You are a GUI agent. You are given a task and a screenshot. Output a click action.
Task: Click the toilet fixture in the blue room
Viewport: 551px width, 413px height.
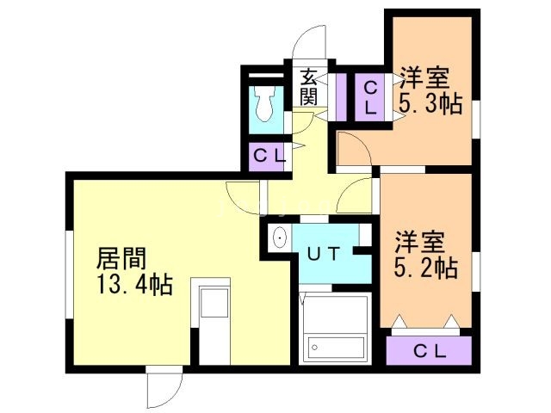[265, 104]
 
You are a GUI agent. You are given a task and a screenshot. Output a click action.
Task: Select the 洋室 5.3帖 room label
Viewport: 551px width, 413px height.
[430, 90]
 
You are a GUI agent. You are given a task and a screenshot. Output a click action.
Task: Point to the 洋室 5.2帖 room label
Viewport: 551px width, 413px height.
[426, 255]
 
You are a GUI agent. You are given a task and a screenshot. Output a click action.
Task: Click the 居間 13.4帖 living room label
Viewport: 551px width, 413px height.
[134, 271]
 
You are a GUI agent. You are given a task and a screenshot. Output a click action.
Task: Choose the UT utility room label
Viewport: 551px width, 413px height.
[324, 254]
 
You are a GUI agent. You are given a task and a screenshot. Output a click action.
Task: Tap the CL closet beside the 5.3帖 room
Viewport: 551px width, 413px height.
[369, 97]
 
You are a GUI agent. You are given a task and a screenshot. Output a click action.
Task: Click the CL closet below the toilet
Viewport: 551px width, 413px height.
[269, 157]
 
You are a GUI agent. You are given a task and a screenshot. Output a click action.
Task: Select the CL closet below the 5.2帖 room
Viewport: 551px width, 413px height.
[429, 350]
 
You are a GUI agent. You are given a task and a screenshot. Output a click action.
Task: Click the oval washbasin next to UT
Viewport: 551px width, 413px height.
[280, 237]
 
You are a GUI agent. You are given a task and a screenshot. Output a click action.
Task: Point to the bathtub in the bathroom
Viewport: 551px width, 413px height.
[336, 348]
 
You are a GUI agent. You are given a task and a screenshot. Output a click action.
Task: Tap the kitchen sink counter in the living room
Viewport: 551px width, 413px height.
[210, 321]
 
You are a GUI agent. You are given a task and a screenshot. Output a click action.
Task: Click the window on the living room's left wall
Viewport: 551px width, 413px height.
[70, 274]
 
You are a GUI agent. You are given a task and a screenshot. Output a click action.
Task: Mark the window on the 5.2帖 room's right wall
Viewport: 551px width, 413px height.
[475, 272]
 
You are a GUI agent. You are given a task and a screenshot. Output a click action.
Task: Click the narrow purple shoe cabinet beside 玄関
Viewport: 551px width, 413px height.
[341, 97]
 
